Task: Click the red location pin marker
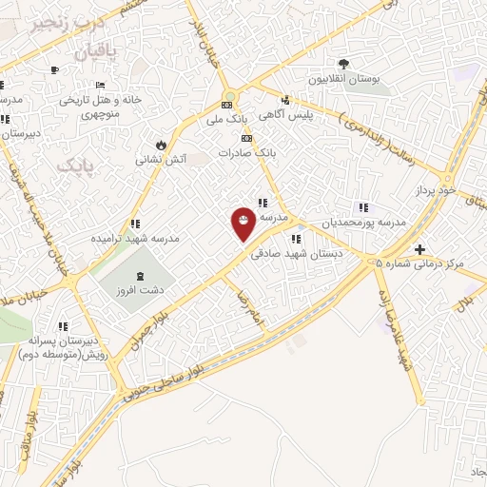click(x=244, y=223)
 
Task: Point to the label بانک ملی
click(x=227, y=120)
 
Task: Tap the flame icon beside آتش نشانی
click(x=163, y=145)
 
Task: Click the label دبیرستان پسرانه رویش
click(x=63, y=343)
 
